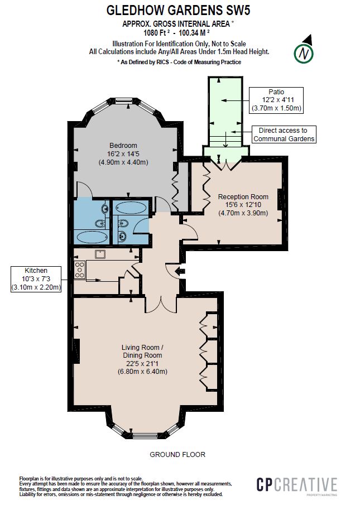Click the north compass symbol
click(x=303, y=52)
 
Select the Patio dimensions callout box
click(x=276, y=100)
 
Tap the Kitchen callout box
click(x=36, y=278)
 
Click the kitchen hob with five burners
click(x=79, y=271)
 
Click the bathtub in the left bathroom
click(x=90, y=237)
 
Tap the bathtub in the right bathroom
click(x=131, y=209)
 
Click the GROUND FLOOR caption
click(x=177, y=455)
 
